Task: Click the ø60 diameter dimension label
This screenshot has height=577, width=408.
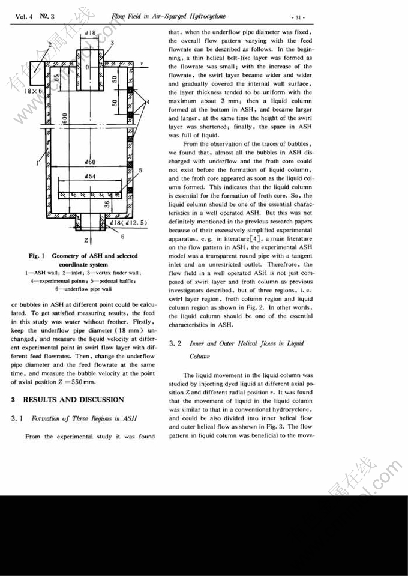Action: pos(88,162)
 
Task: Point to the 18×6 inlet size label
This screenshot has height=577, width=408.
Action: pos(25,91)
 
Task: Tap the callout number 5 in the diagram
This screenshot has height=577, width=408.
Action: pos(140,171)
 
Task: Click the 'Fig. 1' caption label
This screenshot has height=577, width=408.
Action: pos(40,256)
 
